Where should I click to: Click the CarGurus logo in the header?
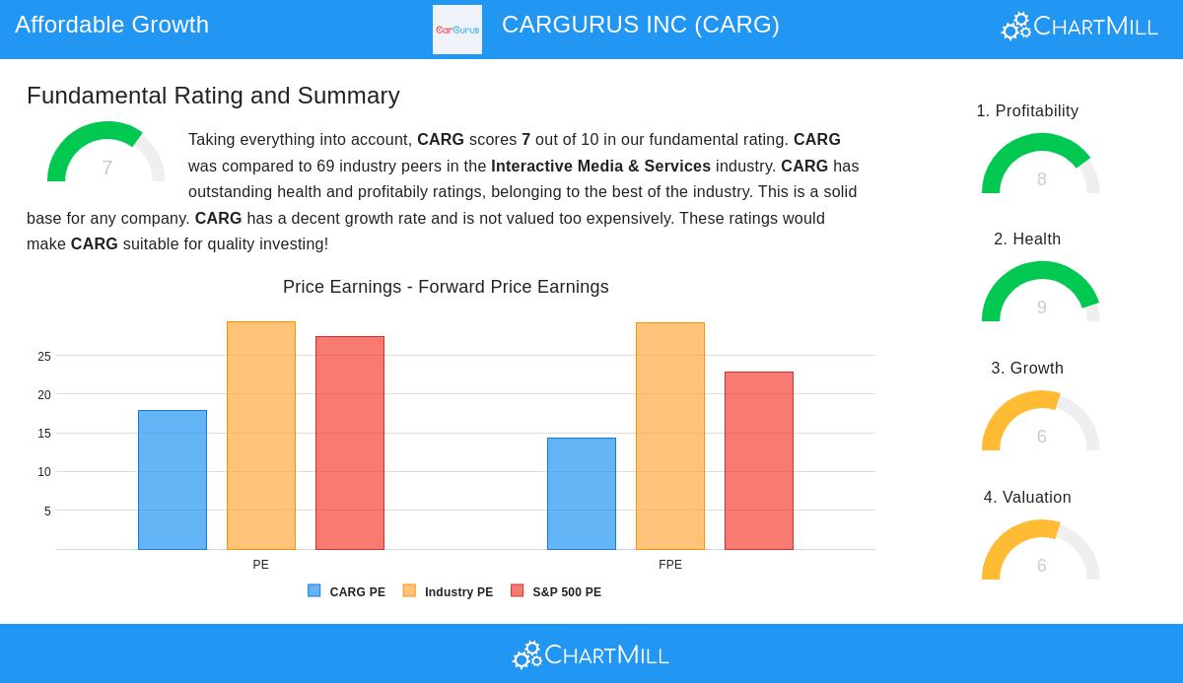[x=457, y=30]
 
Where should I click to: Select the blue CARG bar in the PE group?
[x=173, y=480]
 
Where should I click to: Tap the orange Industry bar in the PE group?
[x=261, y=436]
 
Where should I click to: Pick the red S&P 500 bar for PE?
[x=350, y=443]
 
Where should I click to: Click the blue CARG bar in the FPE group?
[x=582, y=494]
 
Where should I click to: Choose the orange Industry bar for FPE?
[x=670, y=436]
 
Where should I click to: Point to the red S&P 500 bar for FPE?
[x=759, y=460]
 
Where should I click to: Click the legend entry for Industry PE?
[x=449, y=591]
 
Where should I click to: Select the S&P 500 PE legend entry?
[x=556, y=591]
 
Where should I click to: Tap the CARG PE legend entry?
[x=347, y=591]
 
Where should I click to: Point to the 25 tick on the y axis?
[x=44, y=357]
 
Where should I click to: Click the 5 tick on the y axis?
[x=47, y=512]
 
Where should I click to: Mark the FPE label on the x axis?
[x=670, y=565]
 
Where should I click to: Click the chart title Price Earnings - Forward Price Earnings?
[x=446, y=287]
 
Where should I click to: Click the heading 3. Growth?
[x=1027, y=368]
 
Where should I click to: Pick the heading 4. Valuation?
[x=1027, y=497]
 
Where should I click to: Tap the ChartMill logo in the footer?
[x=591, y=654]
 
